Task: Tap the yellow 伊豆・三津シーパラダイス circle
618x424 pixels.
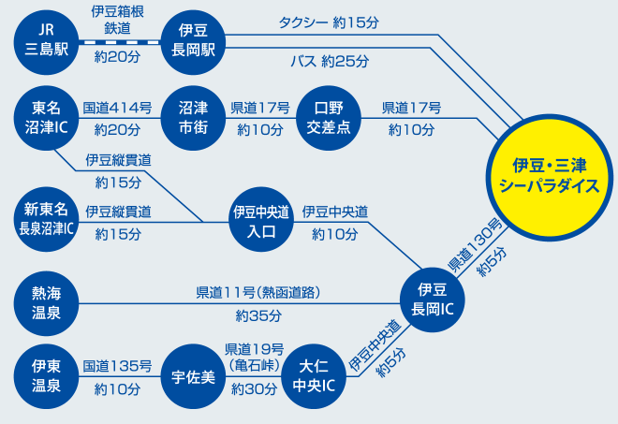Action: pos(550,175)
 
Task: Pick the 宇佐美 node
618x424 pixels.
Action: pos(193,376)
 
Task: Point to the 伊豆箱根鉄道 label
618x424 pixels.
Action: pos(118,21)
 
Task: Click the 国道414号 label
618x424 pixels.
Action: pos(118,108)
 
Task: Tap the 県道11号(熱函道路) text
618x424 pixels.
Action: pos(258,292)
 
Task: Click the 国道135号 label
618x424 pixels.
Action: pos(118,366)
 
